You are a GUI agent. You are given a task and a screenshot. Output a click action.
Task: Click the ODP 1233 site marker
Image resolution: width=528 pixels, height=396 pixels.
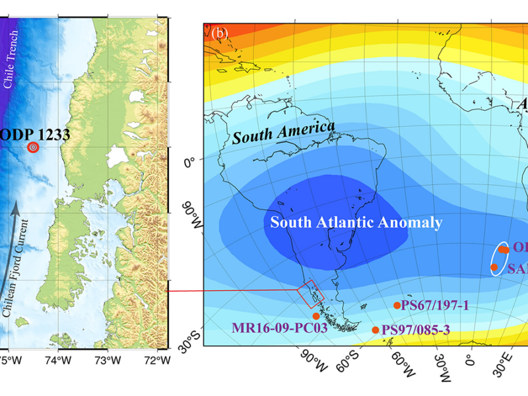click(32, 148)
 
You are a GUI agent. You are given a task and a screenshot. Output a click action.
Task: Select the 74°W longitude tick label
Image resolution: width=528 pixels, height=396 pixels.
click(58, 361)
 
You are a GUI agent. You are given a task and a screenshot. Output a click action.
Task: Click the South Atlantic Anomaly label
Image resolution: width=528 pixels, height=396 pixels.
click(356, 222)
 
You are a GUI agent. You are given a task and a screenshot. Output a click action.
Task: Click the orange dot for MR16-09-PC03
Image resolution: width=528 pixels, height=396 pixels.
click(316, 316)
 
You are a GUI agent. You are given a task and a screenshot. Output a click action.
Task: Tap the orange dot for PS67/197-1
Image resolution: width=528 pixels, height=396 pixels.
click(397, 305)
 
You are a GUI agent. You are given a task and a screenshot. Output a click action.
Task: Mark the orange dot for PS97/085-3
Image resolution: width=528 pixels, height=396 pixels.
click(376, 329)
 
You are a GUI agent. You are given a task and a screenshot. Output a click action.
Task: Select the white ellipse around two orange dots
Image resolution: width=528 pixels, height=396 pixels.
click(500, 258)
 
